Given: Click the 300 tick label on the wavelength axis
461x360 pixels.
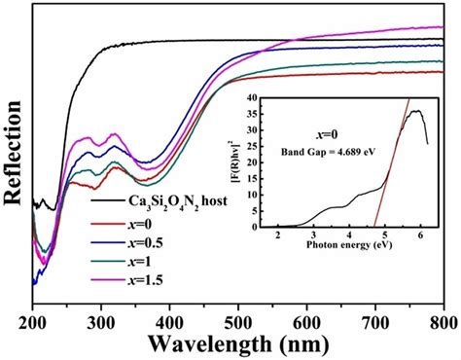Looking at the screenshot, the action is [x=101, y=323].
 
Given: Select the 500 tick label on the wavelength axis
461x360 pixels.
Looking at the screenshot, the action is [x=238, y=323].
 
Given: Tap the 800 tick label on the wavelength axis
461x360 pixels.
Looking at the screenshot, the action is [x=443, y=323].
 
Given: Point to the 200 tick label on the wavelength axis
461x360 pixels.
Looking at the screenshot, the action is [x=33, y=323].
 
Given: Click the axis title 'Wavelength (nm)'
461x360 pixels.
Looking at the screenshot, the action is [x=239, y=344].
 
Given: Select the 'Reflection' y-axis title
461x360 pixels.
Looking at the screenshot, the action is [x=13, y=153].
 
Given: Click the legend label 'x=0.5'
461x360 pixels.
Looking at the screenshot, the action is [x=144, y=242].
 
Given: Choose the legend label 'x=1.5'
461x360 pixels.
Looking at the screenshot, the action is [x=144, y=280].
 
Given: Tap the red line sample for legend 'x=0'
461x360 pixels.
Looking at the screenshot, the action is [x=107, y=224].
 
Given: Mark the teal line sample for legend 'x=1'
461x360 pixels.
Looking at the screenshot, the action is [x=107, y=262].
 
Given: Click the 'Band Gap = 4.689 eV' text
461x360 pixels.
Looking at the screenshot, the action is [x=328, y=152].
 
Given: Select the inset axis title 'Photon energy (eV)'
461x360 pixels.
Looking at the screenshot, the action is [x=349, y=244].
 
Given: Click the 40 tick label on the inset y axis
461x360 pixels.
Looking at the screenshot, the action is [x=253, y=97].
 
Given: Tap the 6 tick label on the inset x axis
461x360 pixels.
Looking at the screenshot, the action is [x=421, y=235].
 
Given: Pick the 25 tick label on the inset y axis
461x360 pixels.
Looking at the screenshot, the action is [x=253, y=146].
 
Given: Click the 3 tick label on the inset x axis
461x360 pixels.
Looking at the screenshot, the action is [x=313, y=235].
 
